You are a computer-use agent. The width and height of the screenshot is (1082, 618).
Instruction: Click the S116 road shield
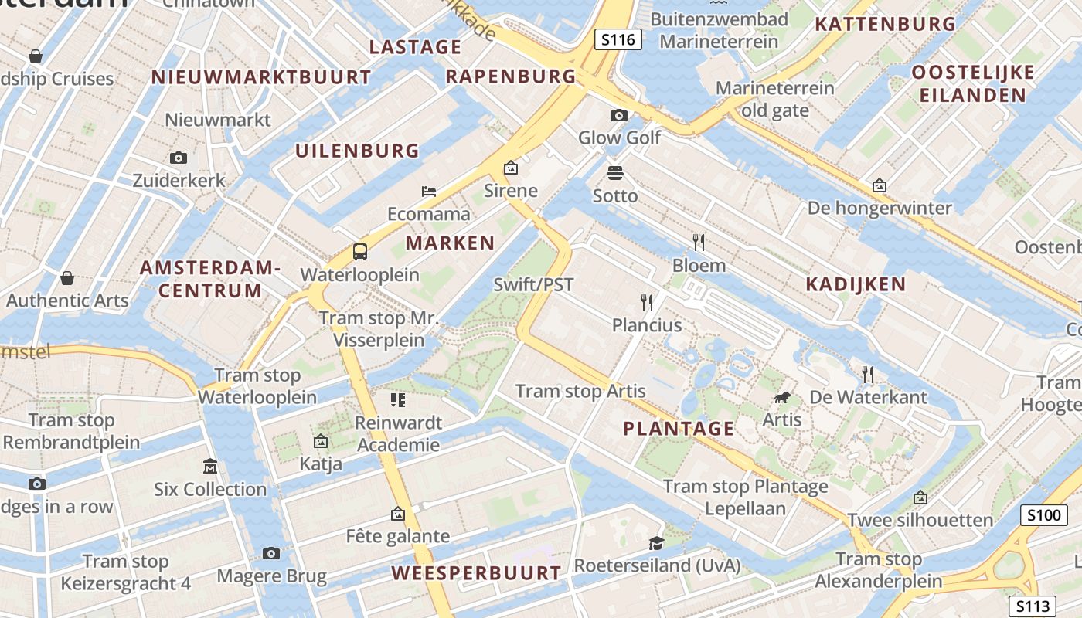pyautogui.click(x=618, y=39)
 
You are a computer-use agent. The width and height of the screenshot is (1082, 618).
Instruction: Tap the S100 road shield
pyautogui.click(x=1043, y=515)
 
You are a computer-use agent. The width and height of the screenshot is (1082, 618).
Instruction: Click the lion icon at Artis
pyautogui.click(x=781, y=398)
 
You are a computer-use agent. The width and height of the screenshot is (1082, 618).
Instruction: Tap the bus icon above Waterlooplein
pyautogui.click(x=360, y=251)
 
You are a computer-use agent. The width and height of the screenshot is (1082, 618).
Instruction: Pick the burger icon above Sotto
pyautogui.click(x=615, y=172)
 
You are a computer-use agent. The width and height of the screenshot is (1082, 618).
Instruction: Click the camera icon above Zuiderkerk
pyautogui.click(x=179, y=158)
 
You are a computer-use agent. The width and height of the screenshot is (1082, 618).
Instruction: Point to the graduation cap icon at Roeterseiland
pyautogui.click(x=656, y=542)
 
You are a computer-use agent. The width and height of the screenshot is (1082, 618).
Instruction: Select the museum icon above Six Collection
pyautogui.click(x=210, y=466)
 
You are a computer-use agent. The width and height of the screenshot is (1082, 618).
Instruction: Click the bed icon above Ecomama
pyautogui.click(x=429, y=191)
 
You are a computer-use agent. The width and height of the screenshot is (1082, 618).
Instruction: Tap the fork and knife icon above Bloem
pyautogui.click(x=699, y=243)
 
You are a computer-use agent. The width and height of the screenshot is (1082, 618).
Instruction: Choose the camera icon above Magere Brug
pyautogui.click(x=271, y=553)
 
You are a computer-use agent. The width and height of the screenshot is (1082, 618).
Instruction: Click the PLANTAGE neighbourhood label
pyautogui.click(x=679, y=429)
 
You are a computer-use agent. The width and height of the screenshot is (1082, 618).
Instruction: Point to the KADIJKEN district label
pyautogui.click(x=856, y=284)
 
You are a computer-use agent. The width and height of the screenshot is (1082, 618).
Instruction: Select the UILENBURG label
pyautogui.click(x=357, y=151)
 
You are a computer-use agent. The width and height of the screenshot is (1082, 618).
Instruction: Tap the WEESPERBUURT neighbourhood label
pyautogui.click(x=476, y=573)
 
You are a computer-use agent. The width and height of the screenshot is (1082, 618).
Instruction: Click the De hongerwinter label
pyautogui.click(x=880, y=208)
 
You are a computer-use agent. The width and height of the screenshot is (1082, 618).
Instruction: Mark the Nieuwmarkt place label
pyautogui.click(x=218, y=120)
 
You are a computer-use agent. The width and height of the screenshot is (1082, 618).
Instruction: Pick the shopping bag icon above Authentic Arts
pyautogui.click(x=67, y=277)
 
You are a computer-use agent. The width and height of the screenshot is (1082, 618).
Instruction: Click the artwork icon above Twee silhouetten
pyautogui.click(x=920, y=497)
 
